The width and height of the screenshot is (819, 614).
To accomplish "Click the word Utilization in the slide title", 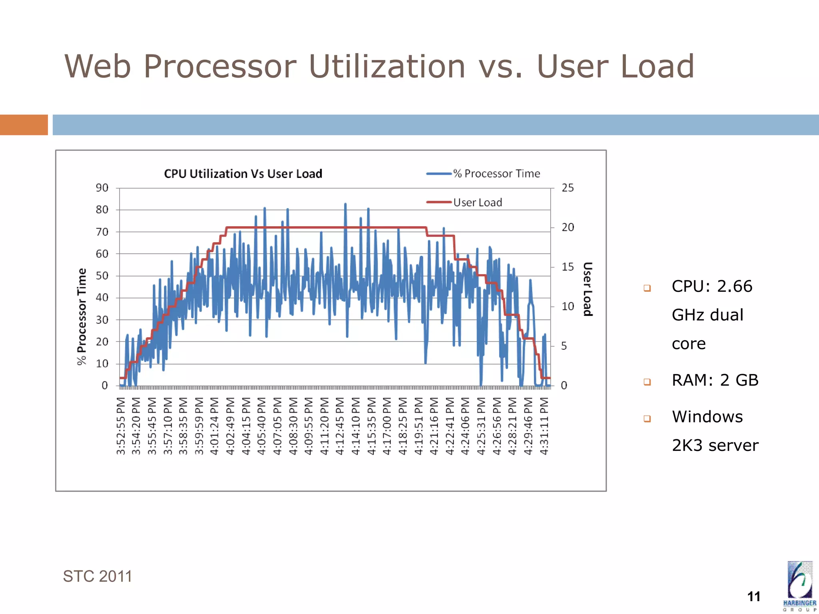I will tap(387, 66).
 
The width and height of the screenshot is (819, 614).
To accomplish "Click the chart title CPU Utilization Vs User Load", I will tap(243, 174).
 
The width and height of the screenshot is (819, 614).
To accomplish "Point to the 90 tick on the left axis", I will tap(102, 188).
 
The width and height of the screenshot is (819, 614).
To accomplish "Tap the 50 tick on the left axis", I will tap(102, 276).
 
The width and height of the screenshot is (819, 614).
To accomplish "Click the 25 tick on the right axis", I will tap(567, 188).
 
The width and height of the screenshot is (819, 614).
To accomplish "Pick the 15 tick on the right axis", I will tap(567, 267).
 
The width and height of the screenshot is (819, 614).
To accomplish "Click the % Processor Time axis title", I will tap(82, 316).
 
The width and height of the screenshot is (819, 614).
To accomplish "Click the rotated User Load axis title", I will tap(587, 289).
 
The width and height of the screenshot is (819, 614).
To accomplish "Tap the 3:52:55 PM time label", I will tap(121, 426).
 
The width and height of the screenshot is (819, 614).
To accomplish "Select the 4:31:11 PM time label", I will tap(544, 426).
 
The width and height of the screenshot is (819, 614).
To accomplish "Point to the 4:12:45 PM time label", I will tap(340, 426).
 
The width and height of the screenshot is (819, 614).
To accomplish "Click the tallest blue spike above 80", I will tap(345, 205).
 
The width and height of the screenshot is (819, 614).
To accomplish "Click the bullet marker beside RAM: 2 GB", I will tap(647, 381).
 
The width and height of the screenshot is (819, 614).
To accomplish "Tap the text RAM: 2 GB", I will tap(715, 380).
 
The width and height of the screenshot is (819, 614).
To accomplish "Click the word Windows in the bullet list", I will tap(707, 417).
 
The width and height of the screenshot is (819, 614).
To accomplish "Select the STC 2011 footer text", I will tap(97, 576).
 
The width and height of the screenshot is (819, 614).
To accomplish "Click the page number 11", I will tap(753, 596).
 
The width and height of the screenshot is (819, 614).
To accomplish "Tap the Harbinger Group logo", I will tap(799, 586).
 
